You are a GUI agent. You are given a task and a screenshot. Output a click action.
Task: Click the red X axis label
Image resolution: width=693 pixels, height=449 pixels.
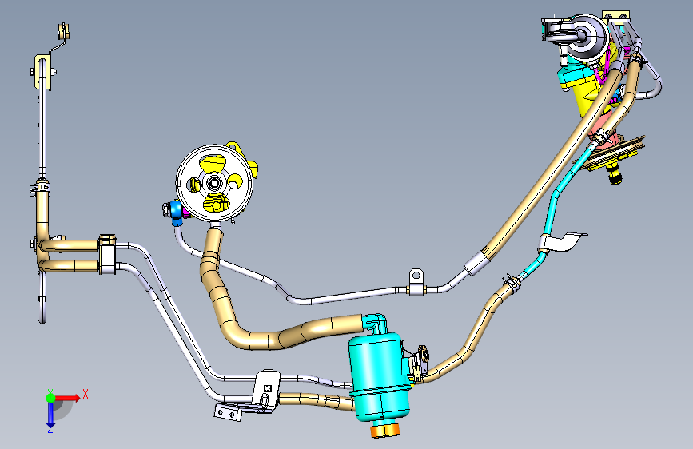(x=85, y=393)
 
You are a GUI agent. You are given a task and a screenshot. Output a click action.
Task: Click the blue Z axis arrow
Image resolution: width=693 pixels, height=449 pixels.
(x=50, y=413)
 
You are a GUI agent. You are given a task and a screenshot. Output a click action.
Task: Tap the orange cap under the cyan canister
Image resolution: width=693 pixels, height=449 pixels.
(x=385, y=430)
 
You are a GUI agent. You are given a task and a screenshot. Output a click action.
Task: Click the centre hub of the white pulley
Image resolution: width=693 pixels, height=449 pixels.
(x=214, y=183)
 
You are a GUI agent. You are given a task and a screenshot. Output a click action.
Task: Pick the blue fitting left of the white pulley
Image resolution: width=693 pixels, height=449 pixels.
(x=176, y=212)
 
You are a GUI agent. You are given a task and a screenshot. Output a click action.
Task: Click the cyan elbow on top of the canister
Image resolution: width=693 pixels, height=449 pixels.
(x=375, y=321)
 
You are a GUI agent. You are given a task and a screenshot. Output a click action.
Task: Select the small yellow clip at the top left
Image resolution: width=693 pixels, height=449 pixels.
(x=63, y=31)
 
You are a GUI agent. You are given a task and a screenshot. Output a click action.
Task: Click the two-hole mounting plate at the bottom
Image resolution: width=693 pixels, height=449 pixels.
(x=227, y=413)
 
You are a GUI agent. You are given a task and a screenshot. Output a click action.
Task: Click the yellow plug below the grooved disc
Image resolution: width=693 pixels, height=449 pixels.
(x=615, y=173)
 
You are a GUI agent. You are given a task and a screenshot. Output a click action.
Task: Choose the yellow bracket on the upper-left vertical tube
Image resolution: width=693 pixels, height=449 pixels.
(x=42, y=72)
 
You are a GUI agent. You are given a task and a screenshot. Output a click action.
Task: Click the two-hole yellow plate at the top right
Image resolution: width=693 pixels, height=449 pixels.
(x=616, y=17)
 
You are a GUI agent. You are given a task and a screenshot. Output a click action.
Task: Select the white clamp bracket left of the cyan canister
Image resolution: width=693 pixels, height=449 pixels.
(x=265, y=387)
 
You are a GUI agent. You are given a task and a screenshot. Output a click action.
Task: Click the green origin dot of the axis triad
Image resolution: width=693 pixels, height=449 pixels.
(x=50, y=397)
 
